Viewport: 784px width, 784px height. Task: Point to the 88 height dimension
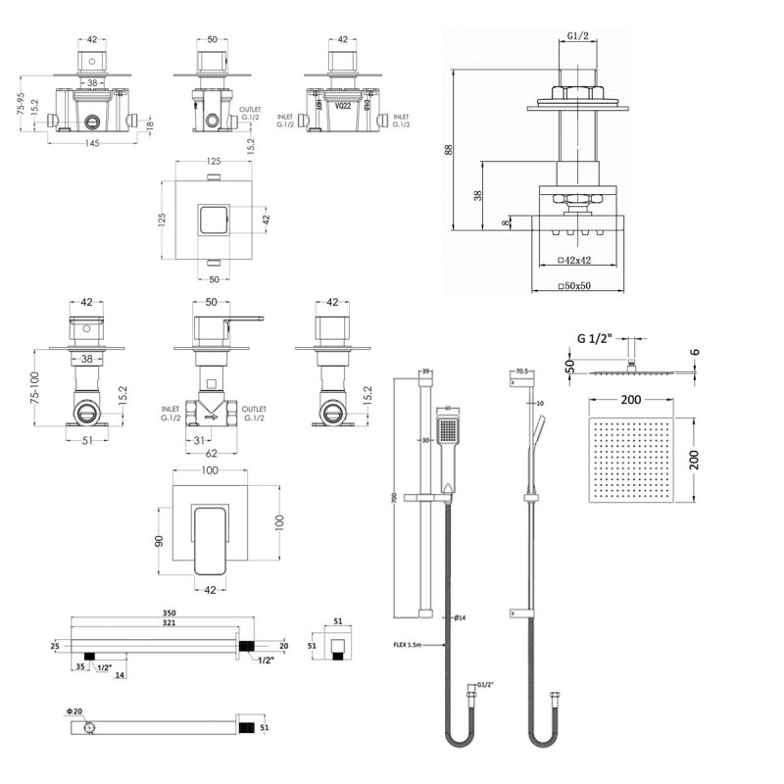pos(450,150)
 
